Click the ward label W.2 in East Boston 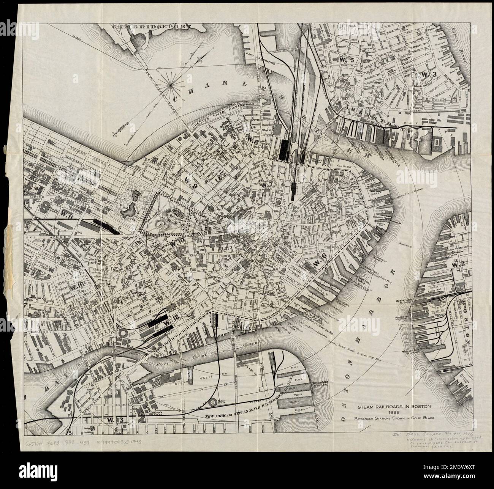point(454,264)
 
